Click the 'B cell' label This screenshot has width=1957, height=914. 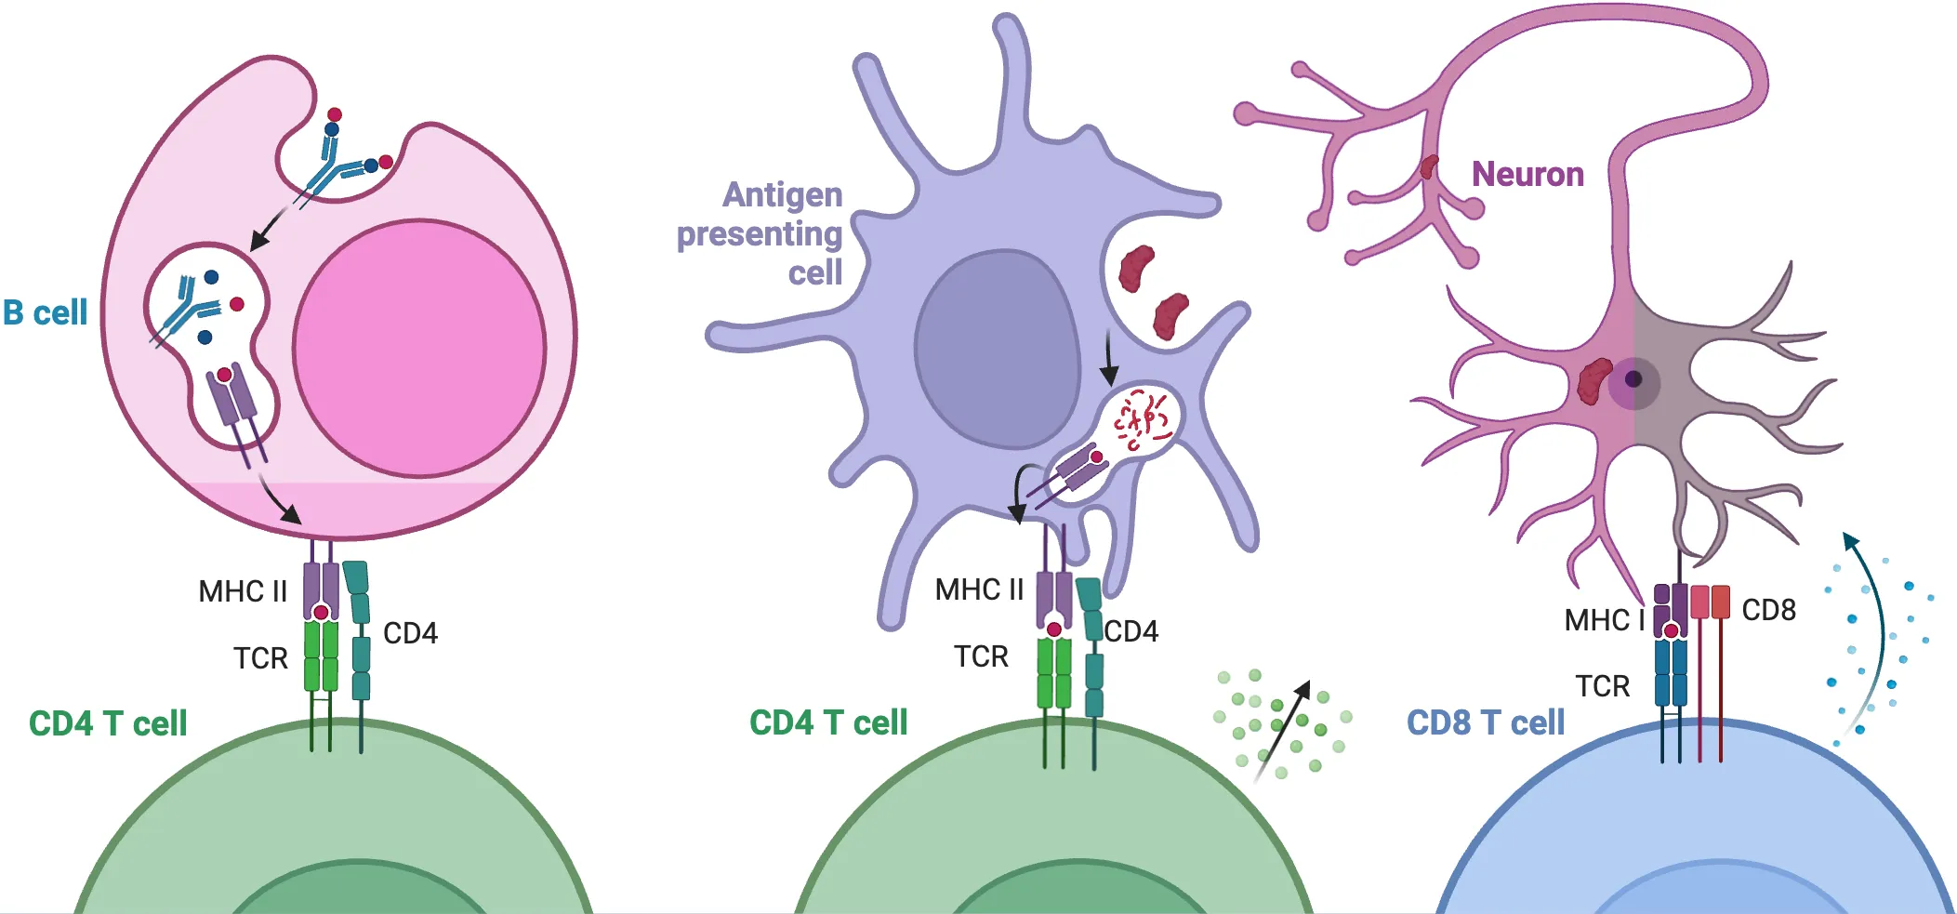coord(46,312)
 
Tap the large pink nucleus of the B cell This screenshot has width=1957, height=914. coord(419,349)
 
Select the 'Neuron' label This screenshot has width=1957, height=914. coord(1527,174)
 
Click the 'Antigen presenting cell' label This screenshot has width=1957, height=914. coord(760,233)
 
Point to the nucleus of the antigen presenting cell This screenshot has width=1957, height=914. coord(996,350)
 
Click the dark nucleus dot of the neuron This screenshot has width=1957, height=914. coord(1633,379)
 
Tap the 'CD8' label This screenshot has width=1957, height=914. coord(1768,610)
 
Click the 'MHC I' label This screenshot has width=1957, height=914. coord(1605,619)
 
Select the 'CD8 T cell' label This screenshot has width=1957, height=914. coord(1486,722)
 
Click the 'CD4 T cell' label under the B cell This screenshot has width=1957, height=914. coord(108,723)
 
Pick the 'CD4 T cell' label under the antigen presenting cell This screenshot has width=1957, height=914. coord(828,722)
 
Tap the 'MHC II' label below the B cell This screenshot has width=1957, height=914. coord(243,591)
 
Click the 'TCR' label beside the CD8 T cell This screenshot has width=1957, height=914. coord(1603,686)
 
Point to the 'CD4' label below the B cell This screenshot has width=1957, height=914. coord(410,633)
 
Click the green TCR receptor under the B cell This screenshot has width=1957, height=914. coord(321,656)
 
